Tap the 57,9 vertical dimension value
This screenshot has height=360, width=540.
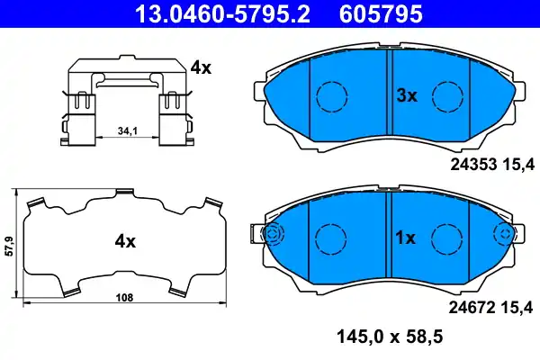pos(8,244)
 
